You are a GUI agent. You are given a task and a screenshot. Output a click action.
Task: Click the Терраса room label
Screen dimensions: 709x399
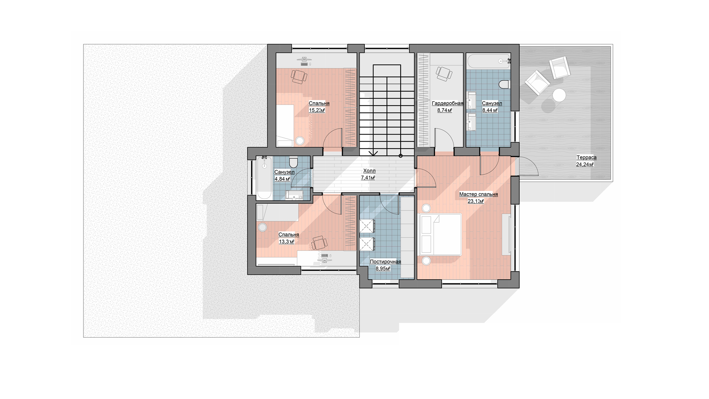(586, 158)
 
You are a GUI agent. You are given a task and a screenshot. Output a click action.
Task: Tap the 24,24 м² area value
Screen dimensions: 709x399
(585, 165)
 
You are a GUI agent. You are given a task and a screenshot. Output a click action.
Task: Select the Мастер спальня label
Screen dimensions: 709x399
(479, 194)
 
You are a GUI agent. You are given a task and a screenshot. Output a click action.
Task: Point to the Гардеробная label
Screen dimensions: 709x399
(448, 103)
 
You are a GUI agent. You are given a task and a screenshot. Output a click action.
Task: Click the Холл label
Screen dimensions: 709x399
(369, 171)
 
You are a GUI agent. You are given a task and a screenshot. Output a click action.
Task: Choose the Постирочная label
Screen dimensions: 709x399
(386, 262)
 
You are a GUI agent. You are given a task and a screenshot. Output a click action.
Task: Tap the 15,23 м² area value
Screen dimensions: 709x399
(317, 110)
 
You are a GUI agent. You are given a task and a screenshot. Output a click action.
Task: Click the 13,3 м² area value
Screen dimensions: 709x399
(287, 242)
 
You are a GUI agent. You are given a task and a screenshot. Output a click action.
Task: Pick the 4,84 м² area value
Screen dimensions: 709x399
(282, 179)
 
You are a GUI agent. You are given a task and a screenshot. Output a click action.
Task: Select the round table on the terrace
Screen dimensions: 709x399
(559, 95)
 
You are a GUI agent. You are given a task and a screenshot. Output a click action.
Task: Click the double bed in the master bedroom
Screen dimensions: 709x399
(441, 234)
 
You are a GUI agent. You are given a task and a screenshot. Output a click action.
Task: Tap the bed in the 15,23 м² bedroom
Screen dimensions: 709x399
(290, 125)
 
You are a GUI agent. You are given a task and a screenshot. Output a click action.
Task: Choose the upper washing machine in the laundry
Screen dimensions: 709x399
(367, 226)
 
